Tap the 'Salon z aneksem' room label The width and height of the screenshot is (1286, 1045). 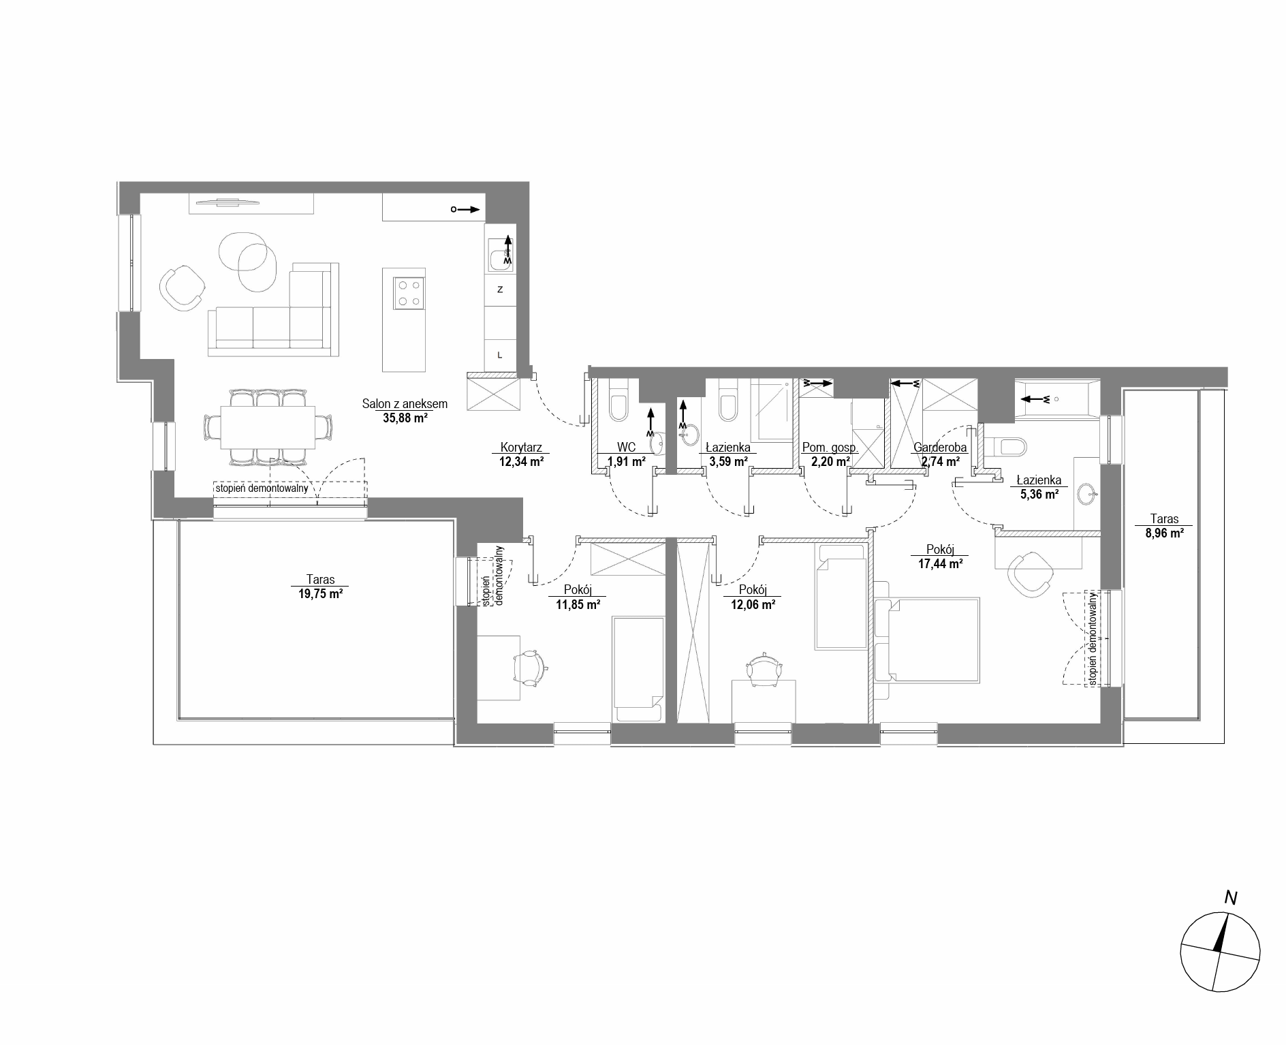click(405, 404)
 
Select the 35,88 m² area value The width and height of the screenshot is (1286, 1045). click(405, 418)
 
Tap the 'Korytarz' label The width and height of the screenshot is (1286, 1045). click(521, 448)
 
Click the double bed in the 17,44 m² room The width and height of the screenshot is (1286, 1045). click(927, 640)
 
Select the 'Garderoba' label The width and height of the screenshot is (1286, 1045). click(940, 448)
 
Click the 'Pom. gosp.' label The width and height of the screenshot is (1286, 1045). click(830, 448)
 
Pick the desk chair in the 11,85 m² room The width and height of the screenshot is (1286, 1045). click(529, 668)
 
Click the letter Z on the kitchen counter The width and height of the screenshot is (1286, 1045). click(500, 290)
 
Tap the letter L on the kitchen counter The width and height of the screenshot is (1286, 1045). click(500, 355)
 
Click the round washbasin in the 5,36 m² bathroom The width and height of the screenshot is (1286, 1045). click(1086, 492)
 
